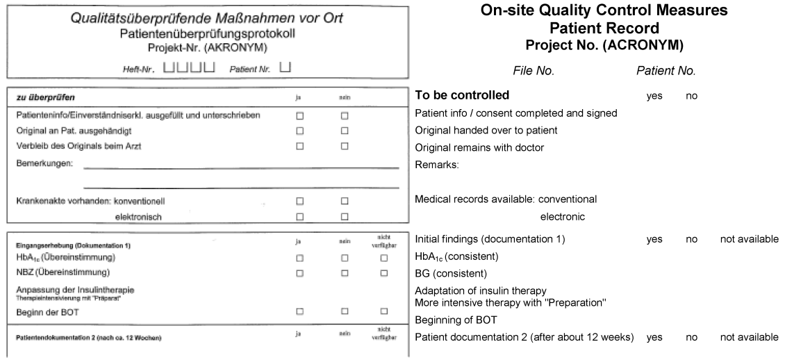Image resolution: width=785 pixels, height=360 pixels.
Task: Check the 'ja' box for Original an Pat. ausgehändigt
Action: click(300, 131)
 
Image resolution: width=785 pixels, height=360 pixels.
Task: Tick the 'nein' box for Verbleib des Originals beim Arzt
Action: click(344, 146)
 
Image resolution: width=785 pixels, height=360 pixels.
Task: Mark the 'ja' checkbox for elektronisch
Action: click(300, 217)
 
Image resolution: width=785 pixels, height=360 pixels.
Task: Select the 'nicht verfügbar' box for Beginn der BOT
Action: click(383, 312)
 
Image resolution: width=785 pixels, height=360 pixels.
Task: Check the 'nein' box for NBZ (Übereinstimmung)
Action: click(344, 272)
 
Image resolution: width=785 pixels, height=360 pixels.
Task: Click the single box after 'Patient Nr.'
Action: click(285, 67)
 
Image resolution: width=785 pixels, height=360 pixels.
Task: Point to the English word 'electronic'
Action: click(562, 217)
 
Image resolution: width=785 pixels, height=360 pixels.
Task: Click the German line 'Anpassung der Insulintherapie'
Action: click(74, 289)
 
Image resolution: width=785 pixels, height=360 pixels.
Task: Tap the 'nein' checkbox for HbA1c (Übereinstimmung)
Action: click(344, 259)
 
